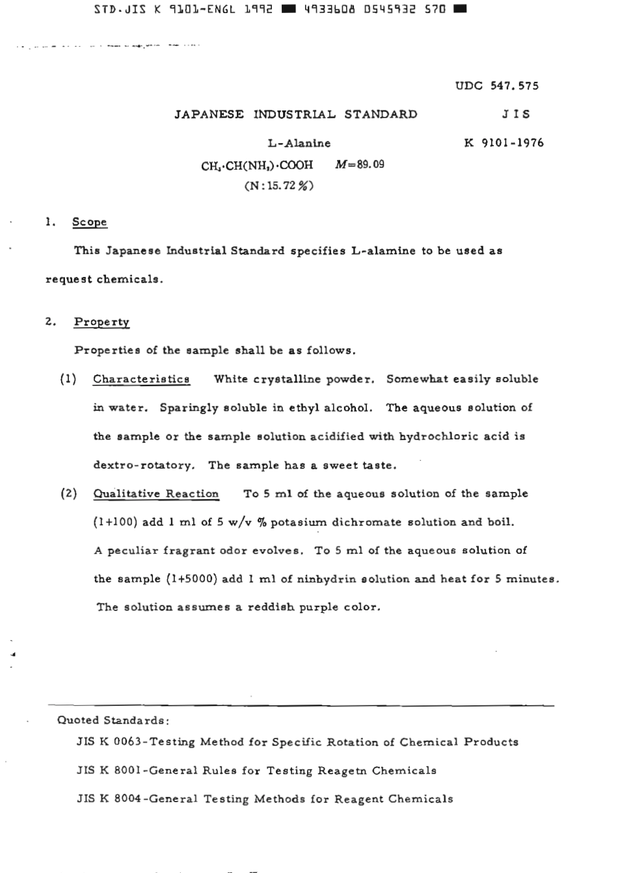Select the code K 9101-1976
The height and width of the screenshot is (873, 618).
click(x=504, y=143)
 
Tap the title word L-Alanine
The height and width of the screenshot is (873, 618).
click(x=299, y=143)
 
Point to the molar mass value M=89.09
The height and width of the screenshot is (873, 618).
click(x=360, y=164)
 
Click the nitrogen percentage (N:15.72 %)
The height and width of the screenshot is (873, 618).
click(x=279, y=186)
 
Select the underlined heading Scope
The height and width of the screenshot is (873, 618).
click(x=90, y=222)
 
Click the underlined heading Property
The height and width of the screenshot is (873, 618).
click(x=101, y=322)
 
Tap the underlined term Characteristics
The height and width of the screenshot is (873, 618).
click(x=141, y=379)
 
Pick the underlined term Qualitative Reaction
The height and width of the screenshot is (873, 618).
click(x=156, y=493)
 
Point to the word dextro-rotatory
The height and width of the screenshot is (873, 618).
click(x=144, y=465)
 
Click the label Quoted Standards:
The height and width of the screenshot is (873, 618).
click(x=114, y=720)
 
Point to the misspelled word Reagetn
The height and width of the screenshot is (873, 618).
click(x=342, y=771)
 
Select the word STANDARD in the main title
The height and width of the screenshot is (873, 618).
click(x=381, y=114)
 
